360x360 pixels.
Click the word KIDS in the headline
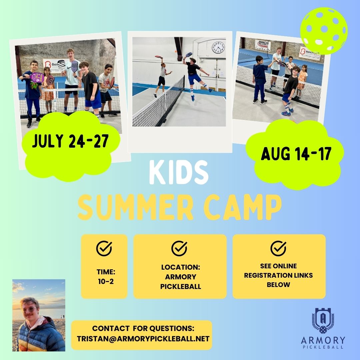[x=179, y=172]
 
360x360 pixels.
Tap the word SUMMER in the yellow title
[x=136, y=207]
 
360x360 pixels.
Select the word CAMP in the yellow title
[x=243, y=207]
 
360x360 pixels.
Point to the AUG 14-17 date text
[x=296, y=153]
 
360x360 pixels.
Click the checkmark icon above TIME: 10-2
[x=104, y=248]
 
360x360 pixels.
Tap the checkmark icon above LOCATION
[x=179, y=248]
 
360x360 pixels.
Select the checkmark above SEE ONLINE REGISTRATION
[x=278, y=248]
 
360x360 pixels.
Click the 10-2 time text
[x=106, y=281]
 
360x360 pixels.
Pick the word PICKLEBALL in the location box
[x=181, y=287]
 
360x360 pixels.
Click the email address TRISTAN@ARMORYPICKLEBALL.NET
[x=143, y=339]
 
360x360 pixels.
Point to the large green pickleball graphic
[x=324, y=31]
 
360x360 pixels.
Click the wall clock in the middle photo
[x=218, y=48]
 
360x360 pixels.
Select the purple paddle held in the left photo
[x=37, y=77]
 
